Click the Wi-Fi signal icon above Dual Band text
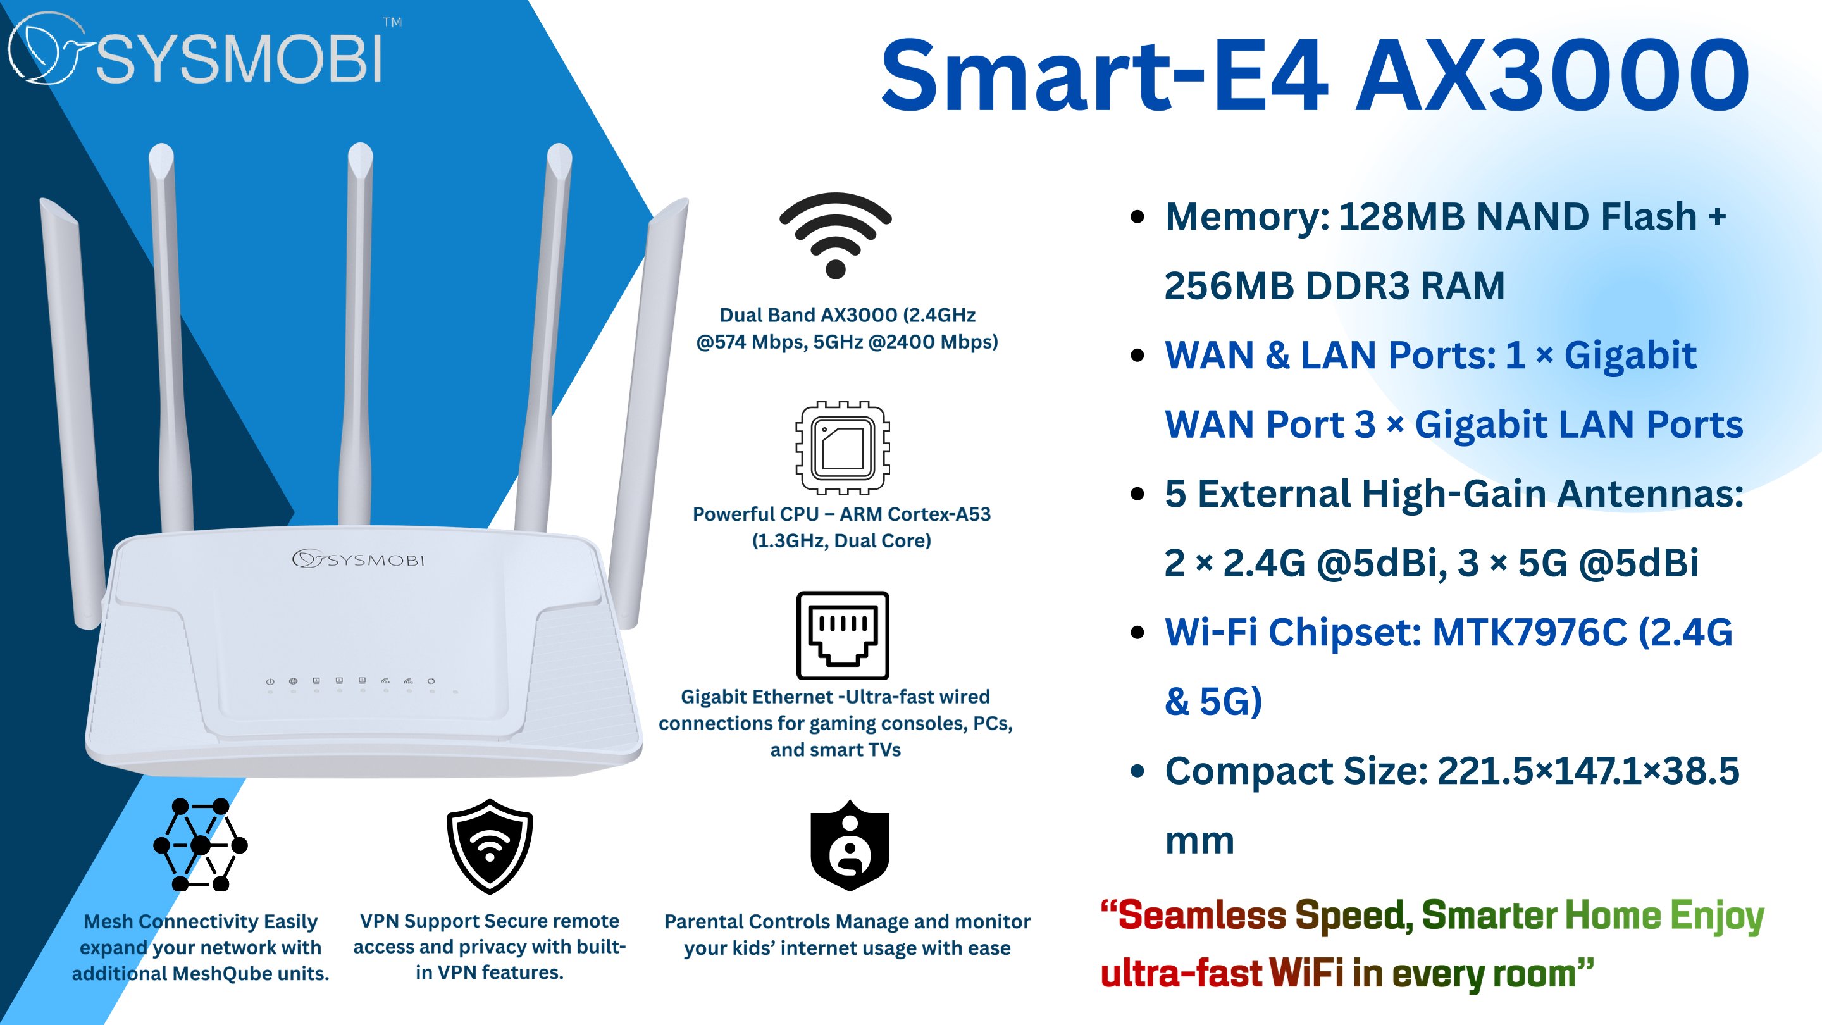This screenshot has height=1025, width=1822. coord(835,234)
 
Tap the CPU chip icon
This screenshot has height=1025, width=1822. coord(843,448)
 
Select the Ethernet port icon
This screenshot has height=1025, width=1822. coord(843,635)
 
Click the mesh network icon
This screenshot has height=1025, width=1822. coord(200,845)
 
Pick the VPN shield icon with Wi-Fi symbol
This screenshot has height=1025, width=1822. coord(490,846)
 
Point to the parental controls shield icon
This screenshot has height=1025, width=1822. coord(850,845)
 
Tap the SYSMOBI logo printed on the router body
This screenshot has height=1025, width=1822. coord(359,559)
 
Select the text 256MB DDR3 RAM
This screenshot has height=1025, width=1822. coord(1335,286)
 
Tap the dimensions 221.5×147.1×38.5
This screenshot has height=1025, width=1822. coord(1588,771)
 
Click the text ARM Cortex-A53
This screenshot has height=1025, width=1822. coord(915,514)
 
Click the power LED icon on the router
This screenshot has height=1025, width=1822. coord(270,681)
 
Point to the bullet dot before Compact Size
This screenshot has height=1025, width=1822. coord(1137,771)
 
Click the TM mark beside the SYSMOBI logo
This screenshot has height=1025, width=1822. coord(392,22)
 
